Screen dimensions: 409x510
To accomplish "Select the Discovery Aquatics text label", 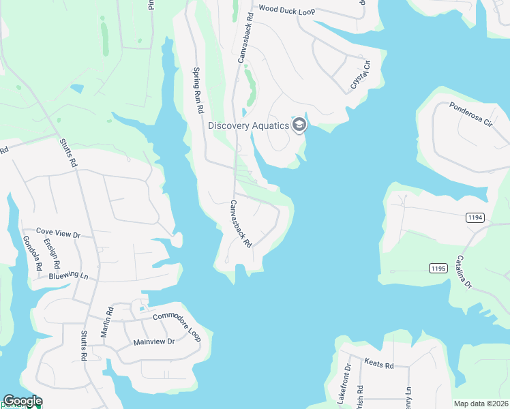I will click(248, 125).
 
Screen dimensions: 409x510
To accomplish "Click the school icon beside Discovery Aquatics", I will click(299, 125).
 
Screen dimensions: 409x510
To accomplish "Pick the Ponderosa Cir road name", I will click(470, 115).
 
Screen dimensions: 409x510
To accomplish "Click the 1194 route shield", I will click(476, 217).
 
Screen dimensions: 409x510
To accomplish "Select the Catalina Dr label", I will click(464, 272).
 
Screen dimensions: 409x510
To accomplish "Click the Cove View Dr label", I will click(58, 234).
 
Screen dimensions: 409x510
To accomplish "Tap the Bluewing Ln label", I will click(69, 277).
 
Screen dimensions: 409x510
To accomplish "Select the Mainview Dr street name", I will click(154, 341).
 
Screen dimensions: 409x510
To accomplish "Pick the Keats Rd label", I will click(379, 365).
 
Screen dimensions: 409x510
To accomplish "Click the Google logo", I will click(22, 401).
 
